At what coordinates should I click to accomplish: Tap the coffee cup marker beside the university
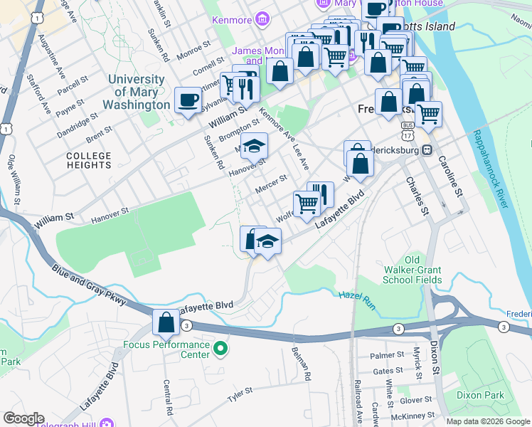(x=188, y=100)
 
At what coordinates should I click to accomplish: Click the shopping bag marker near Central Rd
(x=166, y=322)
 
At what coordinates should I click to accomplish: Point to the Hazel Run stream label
(x=355, y=295)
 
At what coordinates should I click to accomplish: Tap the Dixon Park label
(x=481, y=395)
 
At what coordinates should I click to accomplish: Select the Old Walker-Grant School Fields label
(x=413, y=270)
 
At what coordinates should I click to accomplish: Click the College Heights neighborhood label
(x=89, y=160)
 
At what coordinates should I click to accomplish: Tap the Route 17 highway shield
(x=407, y=135)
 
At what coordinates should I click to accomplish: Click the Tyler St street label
(x=240, y=394)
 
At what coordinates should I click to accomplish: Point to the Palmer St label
(x=387, y=355)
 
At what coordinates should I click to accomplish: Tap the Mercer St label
(x=271, y=184)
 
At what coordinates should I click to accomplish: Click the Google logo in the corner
(x=23, y=418)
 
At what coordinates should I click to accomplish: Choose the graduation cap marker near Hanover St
(x=254, y=147)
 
